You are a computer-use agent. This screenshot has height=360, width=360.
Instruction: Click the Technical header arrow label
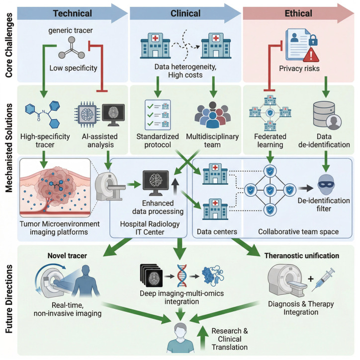[x=73, y=13]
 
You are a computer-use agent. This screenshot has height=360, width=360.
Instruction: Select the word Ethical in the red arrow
[x=298, y=13]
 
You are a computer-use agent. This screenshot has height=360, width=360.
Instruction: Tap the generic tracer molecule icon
[x=72, y=48]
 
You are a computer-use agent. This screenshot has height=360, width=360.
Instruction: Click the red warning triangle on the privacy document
[x=311, y=55]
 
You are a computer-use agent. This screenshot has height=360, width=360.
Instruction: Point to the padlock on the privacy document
[x=313, y=40]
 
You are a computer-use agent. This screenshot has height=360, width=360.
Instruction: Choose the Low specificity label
[x=73, y=68]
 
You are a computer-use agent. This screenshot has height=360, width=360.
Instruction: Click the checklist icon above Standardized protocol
[x=158, y=115]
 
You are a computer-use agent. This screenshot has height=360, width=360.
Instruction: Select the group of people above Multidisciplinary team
[x=213, y=115]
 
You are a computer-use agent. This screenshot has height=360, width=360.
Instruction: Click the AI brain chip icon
[x=87, y=114]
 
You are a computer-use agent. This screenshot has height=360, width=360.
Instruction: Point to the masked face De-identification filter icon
[x=326, y=185]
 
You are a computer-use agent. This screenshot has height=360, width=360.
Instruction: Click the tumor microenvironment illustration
[x=55, y=188]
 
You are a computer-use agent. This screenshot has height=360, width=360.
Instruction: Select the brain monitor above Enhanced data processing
[x=156, y=183]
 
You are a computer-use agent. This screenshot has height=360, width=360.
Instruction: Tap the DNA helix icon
[x=181, y=276]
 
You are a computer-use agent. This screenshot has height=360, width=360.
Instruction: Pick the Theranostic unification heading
[x=302, y=256]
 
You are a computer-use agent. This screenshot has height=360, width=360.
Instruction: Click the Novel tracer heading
[x=67, y=256]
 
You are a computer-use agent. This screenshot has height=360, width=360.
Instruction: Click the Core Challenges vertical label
[x=9, y=45]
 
